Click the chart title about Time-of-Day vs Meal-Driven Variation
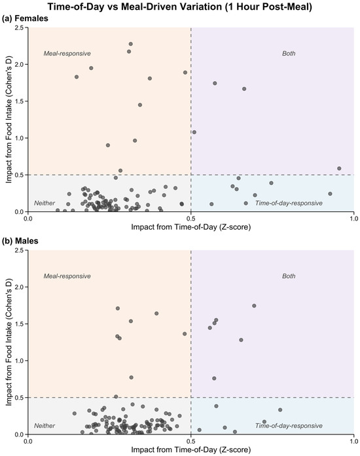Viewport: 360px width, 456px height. [x=179, y=7]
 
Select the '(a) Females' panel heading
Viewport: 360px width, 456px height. [x=25, y=18]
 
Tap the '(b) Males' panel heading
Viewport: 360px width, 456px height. [x=20, y=241]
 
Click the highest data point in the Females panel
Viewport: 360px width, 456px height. [x=131, y=44]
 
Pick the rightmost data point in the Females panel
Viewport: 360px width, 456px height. [x=339, y=168]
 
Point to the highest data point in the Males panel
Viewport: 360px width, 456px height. [x=254, y=306]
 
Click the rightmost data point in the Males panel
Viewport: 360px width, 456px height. [x=280, y=410]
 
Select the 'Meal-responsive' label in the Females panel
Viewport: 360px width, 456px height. [x=67, y=54]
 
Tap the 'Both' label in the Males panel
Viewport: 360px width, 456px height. [x=289, y=276]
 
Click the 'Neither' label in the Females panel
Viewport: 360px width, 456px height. [x=45, y=203]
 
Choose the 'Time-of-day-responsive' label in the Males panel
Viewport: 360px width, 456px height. [x=289, y=426]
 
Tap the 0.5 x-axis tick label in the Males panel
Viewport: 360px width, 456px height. [x=191, y=441]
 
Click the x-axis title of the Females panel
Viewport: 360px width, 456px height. [x=191, y=227]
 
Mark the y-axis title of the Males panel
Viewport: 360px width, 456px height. [x=9, y=342]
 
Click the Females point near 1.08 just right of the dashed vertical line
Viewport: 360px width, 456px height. [x=194, y=132]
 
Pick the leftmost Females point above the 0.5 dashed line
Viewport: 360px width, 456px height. [x=77, y=77]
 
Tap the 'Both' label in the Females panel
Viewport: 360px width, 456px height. [x=289, y=54]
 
